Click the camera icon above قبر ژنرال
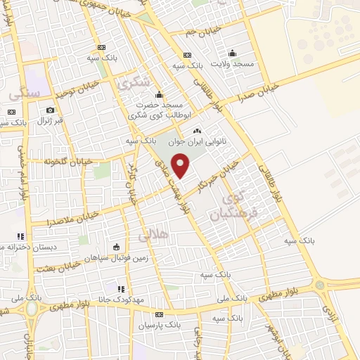(x=50, y=110)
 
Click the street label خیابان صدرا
(x=257, y=91)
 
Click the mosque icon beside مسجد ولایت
(x=232, y=53)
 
